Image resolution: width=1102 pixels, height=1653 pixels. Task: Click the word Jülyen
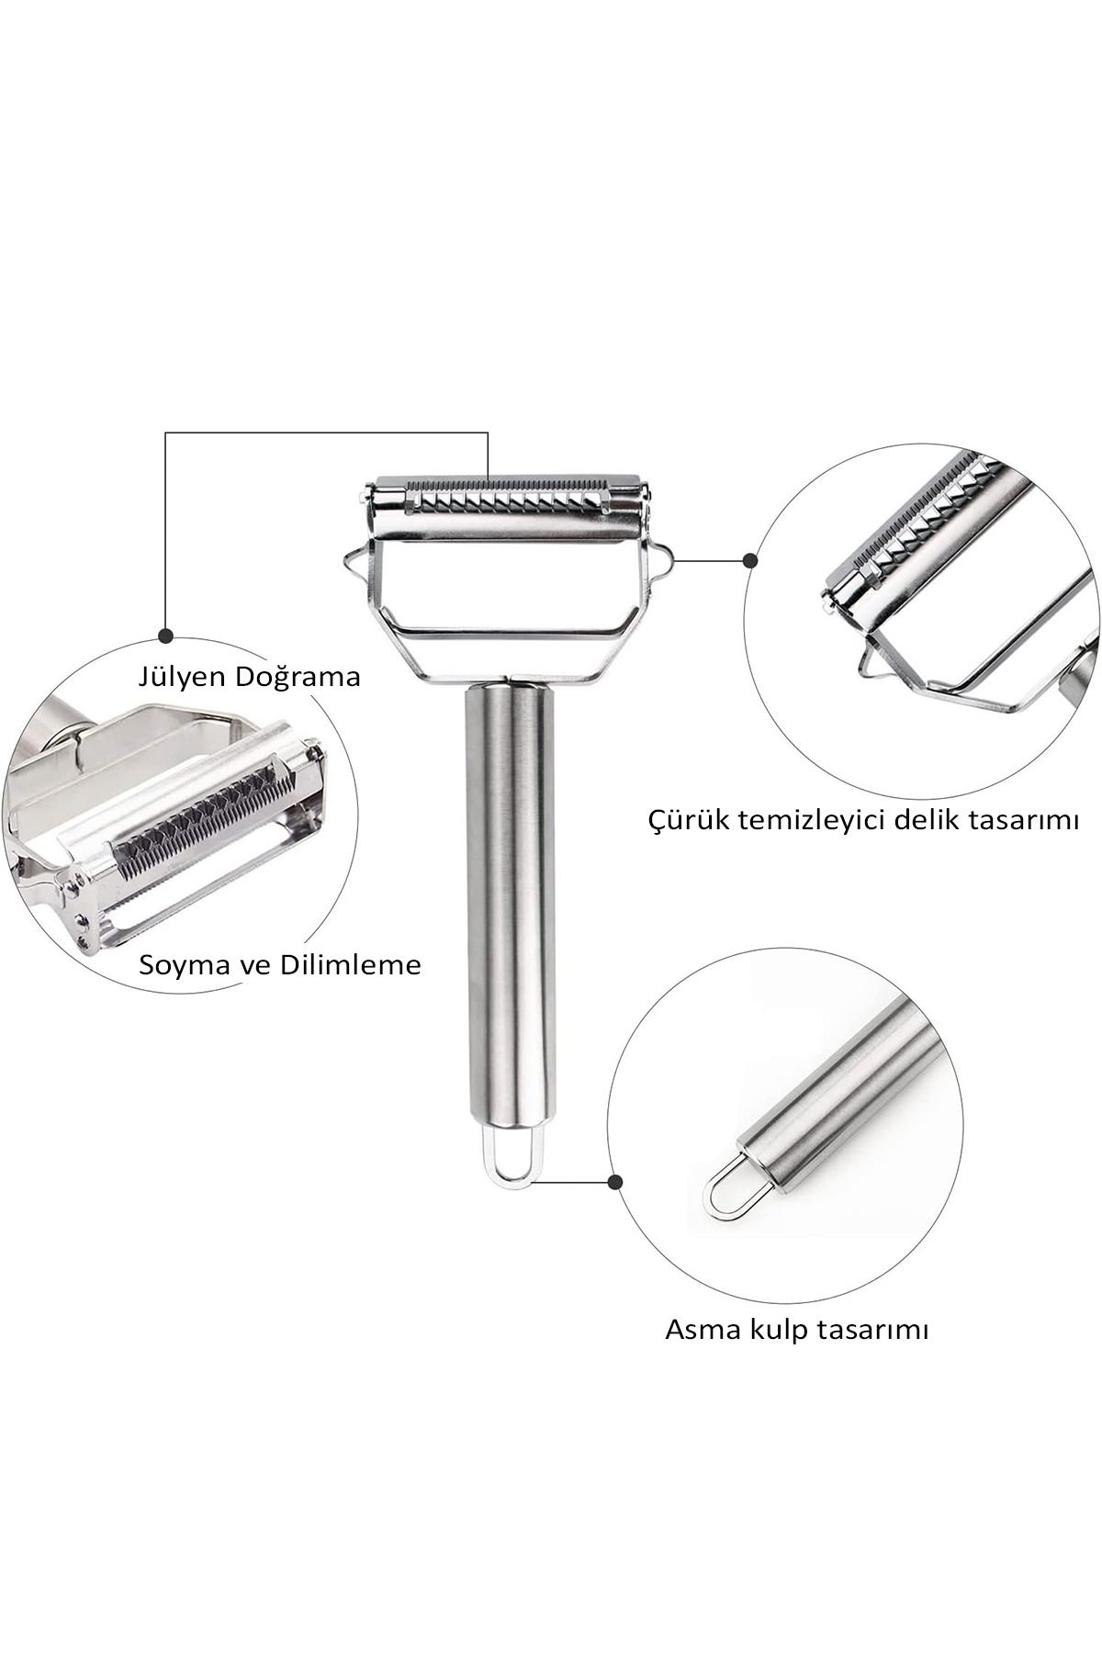[x=180, y=679]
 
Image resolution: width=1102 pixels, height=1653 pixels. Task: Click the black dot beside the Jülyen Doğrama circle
[x=166, y=635]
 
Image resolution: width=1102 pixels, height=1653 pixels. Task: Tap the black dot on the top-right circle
[x=750, y=558]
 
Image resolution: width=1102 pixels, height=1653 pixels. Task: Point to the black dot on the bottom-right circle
[x=616, y=1182]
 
